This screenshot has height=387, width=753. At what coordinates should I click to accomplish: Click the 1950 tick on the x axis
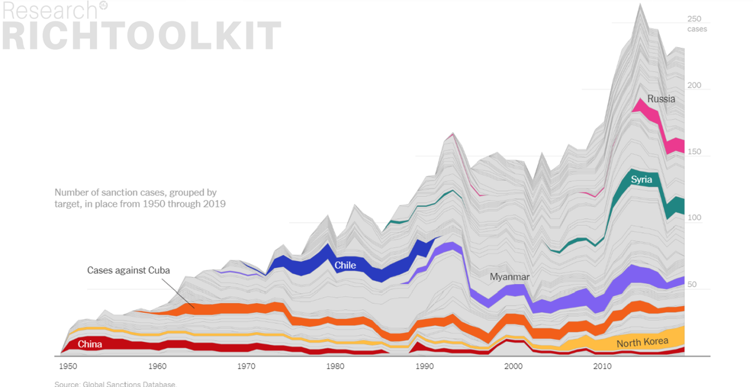coord(68,366)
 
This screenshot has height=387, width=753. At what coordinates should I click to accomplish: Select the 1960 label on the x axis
coord(157,366)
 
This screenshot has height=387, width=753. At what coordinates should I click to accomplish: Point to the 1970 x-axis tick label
coord(246,366)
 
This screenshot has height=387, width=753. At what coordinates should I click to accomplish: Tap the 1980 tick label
coord(335,366)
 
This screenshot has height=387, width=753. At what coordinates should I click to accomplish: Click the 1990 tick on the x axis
coord(424,366)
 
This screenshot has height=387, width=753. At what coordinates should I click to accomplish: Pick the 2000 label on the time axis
coord(513,366)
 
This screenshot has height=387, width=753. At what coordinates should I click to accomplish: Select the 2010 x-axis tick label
coord(602,366)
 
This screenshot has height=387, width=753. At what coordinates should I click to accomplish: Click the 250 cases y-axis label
coord(697,24)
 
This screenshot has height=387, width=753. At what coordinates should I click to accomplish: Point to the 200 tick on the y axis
coord(694,85)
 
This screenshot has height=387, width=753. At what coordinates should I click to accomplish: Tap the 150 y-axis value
coord(694,152)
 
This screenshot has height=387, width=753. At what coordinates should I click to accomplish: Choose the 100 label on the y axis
coord(694,217)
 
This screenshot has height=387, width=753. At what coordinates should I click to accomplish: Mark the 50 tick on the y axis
coord(692,284)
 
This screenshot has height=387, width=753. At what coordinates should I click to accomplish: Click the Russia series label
coord(661,99)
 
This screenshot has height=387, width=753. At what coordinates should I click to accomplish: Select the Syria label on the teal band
coord(641,180)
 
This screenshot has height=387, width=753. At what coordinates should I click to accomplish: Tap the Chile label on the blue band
coord(345,266)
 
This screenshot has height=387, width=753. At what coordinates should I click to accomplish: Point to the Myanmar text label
coord(510,277)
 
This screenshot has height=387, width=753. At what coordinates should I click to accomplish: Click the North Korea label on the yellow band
coord(642,342)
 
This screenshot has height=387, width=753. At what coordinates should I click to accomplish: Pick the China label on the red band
coord(90,344)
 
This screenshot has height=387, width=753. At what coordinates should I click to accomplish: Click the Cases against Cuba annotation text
coord(129,270)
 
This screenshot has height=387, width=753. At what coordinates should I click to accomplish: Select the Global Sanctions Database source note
coord(115,384)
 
